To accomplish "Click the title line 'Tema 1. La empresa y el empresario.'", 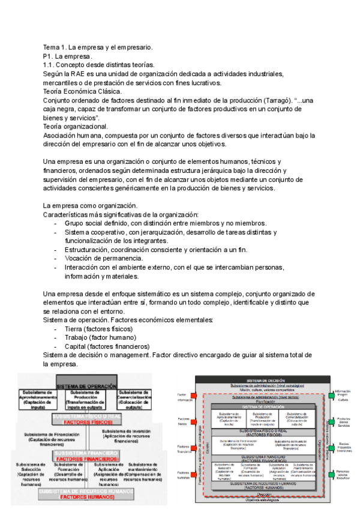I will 98,47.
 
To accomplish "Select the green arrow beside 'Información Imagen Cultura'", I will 332,395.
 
